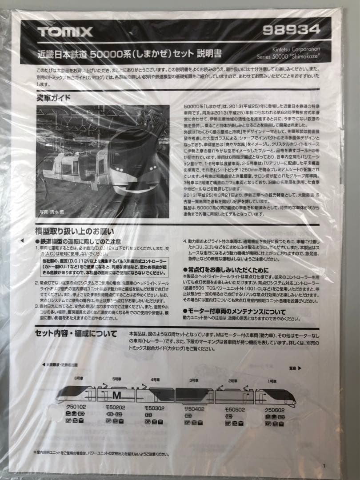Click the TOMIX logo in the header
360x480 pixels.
65,32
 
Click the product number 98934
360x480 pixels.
291,30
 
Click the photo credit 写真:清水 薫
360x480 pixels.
53,212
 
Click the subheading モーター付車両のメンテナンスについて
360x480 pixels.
234,311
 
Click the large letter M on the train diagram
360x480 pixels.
116,395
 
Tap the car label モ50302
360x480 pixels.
155,408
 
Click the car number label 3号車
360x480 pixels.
194,381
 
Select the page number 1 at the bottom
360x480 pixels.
324,466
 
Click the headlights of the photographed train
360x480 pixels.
119,169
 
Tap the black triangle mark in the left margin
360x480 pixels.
22,240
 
